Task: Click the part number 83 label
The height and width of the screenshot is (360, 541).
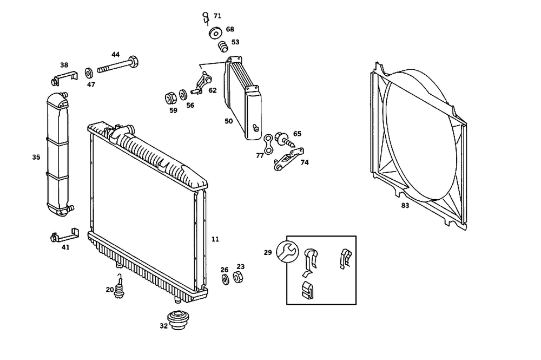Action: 405,205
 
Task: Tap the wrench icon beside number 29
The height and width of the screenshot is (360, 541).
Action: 287,250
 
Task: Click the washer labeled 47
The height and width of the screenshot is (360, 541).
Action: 89,73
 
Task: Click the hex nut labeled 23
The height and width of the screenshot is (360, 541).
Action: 237,278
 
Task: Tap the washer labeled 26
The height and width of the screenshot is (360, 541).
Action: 225,280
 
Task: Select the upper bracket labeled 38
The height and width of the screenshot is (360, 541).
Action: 61,77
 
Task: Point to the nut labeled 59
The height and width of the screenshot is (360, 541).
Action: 169,99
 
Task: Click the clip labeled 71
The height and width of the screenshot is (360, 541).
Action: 206,17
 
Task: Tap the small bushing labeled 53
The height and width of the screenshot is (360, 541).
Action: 222,47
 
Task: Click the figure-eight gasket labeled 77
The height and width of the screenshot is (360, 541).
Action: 268,144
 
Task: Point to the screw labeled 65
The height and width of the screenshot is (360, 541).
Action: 283,140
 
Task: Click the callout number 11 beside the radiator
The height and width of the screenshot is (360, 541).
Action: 215,239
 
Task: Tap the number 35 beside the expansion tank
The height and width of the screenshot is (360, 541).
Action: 36,158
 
